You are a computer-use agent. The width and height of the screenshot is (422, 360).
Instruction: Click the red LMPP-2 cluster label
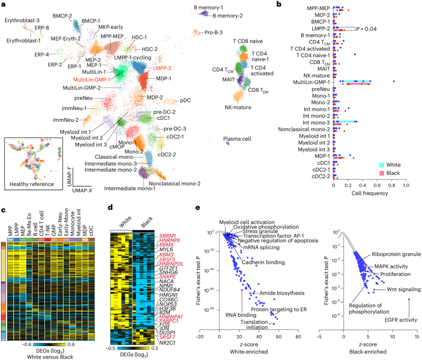[x=166, y=69]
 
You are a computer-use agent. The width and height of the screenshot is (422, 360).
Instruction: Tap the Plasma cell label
[x=237, y=139]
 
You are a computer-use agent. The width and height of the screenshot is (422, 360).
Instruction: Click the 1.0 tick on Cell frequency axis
[x=406, y=186]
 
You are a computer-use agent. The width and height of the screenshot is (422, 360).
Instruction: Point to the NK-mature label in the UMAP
[x=238, y=106]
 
